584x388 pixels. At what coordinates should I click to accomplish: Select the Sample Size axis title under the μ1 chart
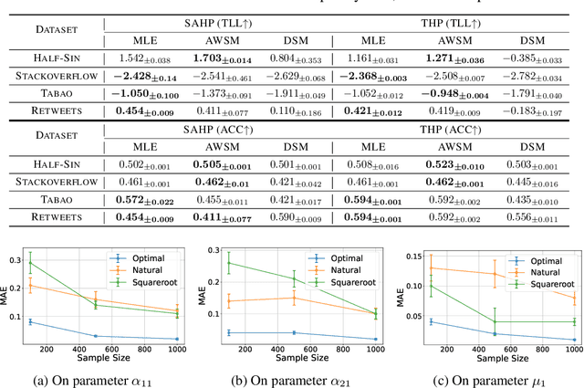coord(489,362)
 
